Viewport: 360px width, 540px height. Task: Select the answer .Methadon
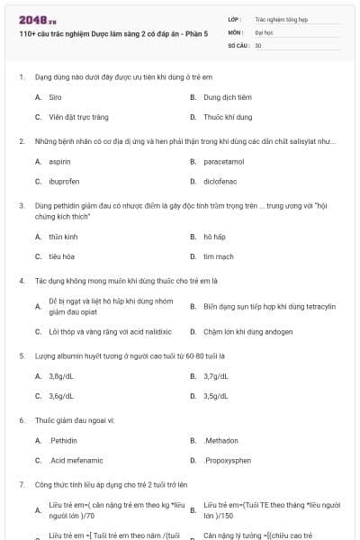[220, 441]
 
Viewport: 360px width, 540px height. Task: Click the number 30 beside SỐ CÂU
[258, 44]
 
